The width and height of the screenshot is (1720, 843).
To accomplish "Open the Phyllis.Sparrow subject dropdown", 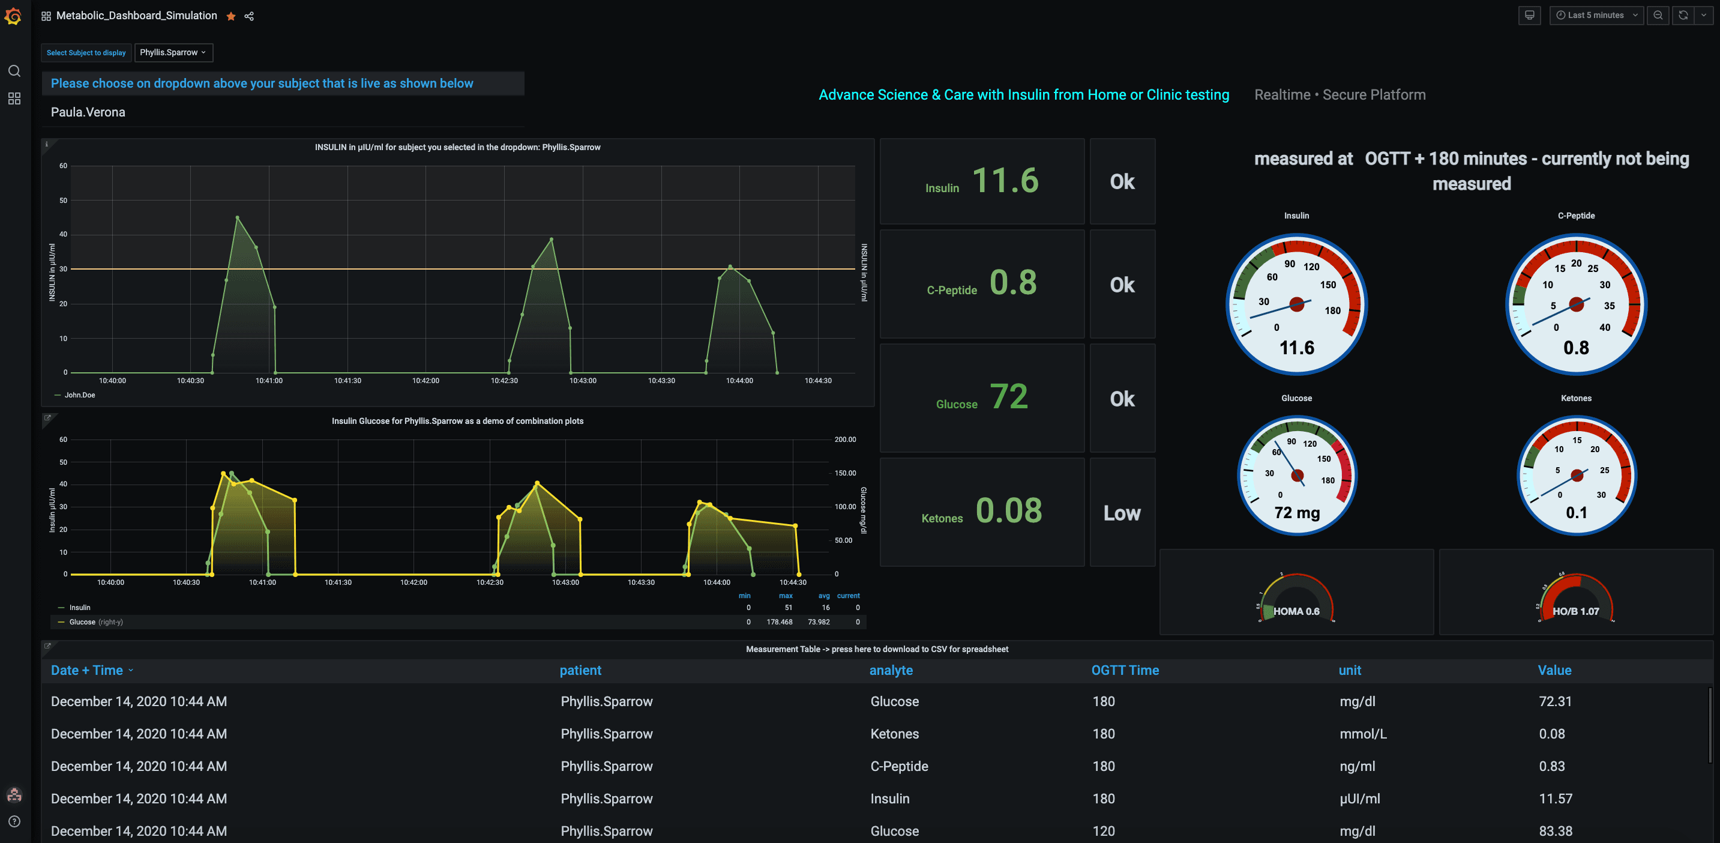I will coord(173,52).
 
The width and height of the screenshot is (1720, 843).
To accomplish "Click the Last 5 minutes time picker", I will coord(1595,14).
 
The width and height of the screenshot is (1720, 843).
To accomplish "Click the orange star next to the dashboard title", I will coord(231,16).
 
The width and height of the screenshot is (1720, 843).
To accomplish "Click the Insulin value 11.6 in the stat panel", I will coord(1005,180).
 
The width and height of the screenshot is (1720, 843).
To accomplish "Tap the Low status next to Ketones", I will coord(1122,513).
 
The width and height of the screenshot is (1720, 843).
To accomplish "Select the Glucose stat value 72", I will coord(1008,397).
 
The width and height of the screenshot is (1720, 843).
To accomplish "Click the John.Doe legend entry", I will coord(79,394).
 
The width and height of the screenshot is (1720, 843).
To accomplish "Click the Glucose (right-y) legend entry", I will coord(95,622).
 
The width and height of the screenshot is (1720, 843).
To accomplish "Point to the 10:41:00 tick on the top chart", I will coord(269,380).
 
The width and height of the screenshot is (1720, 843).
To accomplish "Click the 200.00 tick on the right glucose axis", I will coord(844,440).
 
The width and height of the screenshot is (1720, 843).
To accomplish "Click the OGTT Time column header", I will coord(1125,670).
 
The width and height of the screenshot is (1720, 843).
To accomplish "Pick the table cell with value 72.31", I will coord(1555,701).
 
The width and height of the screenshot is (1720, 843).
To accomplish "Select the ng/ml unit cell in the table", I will coord(1357,766).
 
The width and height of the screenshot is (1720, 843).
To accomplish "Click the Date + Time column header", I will coord(87,670).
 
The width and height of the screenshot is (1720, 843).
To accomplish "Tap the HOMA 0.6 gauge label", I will coord(1296,611).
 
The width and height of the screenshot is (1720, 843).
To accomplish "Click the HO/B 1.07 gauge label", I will coord(1575,611).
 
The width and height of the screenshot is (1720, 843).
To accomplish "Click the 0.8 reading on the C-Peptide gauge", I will coord(1576,348).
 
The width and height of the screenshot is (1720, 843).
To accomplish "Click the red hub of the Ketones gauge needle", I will coord(1577,475).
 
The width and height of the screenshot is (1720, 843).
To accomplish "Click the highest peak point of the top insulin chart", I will coord(238,217).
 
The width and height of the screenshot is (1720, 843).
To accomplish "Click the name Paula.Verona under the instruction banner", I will coord(88,112).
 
